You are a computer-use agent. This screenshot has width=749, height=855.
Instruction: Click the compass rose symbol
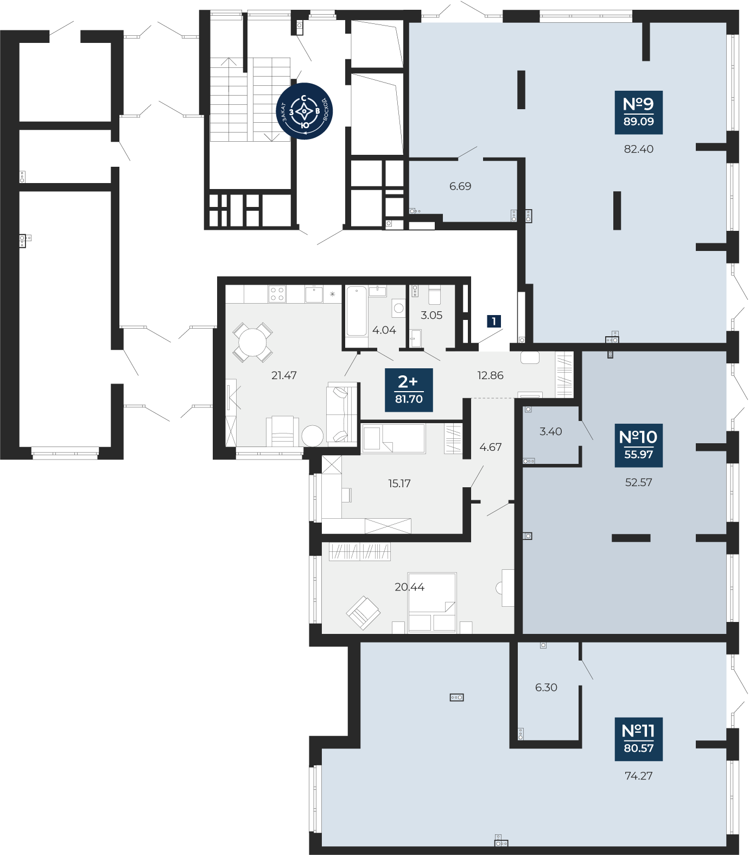[304, 111]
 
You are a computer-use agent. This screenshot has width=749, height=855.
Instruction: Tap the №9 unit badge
[639, 112]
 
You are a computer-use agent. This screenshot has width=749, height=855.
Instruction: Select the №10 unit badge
[638, 445]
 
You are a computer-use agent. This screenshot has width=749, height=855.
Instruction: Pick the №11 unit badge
[639, 739]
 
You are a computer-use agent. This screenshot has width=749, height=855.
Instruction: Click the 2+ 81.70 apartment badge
[409, 390]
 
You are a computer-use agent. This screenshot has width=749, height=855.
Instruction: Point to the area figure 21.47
[284, 375]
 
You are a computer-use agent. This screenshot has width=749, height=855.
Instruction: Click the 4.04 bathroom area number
[384, 330]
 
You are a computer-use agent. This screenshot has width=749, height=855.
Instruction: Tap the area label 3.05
[431, 315]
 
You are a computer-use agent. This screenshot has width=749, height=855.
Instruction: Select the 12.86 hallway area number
[490, 375]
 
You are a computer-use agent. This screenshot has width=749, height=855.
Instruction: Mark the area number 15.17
[399, 483]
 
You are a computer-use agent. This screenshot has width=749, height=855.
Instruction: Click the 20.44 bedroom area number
[410, 587]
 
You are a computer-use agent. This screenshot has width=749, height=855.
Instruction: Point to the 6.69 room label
[460, 186]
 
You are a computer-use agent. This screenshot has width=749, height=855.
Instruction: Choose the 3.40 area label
[551, 432]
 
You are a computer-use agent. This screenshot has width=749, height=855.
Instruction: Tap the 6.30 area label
[546, 688]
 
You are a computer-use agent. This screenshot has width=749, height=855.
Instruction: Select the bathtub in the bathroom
[357, 311]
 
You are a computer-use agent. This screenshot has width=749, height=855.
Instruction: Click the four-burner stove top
[277, 294]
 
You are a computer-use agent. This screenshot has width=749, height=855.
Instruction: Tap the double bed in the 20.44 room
[432, 602]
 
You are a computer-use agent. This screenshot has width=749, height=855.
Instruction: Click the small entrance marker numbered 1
[494, 322]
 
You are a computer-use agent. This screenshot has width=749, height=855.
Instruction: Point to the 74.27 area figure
[639, 776]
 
